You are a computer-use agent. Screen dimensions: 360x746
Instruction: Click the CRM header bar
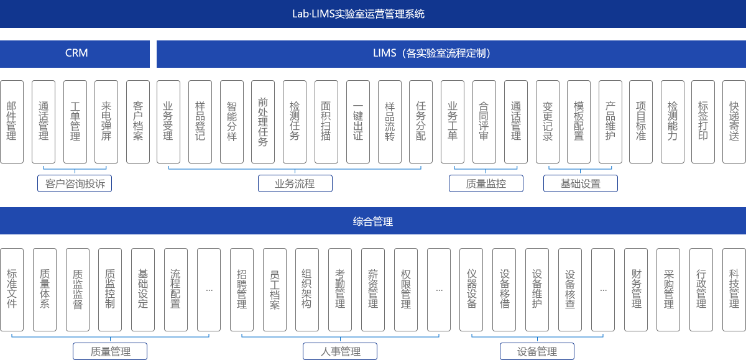pyautogui.click(x=75, y=53)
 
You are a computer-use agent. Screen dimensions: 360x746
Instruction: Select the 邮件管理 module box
pyautogui.click(x=12, y=122)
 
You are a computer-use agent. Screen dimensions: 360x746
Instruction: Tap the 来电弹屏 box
pyautogui.click(x=106, y=122)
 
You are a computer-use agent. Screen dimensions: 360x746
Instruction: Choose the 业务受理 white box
pyautogui.click(x=168, y=122)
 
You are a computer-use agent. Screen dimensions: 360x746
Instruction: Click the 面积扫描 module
pyautogui.click(x=326, y=122)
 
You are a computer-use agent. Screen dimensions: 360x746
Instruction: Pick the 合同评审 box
pyautogui.click(x=484, y=122)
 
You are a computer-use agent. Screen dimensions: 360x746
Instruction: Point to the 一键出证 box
pyautogui.click(x=357, y=122)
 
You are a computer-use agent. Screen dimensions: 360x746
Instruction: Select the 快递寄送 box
pyautogui.click(x=735, y=122)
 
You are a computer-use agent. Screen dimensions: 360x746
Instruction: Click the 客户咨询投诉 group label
pyautogui.click(x=75, y=184)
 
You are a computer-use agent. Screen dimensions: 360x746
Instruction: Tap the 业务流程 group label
pyautogui.click(x=295, y=184)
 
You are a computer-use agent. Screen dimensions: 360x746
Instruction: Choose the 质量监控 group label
pyautogui.click(x=486, y=184)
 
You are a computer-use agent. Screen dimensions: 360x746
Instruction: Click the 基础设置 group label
pyautogui.click(x=581, y=184)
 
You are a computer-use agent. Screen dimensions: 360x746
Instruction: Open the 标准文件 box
pyautogui.click(x=12, y=290)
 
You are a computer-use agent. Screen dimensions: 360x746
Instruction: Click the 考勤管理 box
pyautogui.click(x=340, y=290)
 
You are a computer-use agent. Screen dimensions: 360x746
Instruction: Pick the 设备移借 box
pyautogui.click(x=504, y=290)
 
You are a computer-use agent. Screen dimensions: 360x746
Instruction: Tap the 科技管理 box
pyautogui.click(x=734, y=290)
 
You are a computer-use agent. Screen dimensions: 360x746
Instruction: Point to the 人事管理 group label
pyautogui.click(x=341, y=352)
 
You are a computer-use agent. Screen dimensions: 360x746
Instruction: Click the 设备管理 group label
pyautogui.click(x=537, y=352)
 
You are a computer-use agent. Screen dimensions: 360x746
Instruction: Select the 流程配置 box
pyautogui.click(x=175, y=290)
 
